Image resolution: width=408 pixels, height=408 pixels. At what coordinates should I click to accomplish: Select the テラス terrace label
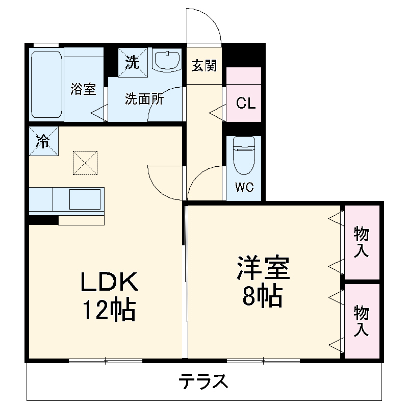click(x=203, y=381)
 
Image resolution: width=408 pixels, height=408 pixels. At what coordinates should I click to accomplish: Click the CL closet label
click(x=246, y=103)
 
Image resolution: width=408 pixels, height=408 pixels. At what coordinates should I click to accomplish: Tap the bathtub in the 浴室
click(x=47, y=84)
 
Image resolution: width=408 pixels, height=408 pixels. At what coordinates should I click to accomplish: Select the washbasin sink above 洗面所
click(x=167, y=61)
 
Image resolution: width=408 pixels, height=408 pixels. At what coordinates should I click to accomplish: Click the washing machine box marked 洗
click(x=133, y=62)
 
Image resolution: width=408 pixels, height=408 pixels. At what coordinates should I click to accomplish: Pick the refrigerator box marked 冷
click(x=43, y=140)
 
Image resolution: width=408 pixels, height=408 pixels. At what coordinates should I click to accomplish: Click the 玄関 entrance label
click(x=205, y=65)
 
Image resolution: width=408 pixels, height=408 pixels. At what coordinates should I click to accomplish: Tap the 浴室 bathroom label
click(x=83, y=89)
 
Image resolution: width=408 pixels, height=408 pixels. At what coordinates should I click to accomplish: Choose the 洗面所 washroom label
click(x=144, y=99)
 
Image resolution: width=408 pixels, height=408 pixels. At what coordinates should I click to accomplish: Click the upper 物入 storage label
click(x=362, y=242)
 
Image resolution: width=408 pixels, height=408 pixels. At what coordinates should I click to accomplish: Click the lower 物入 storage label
click(x=362, y=320)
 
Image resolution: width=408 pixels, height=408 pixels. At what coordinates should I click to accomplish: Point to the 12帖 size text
click(x=109, y=309)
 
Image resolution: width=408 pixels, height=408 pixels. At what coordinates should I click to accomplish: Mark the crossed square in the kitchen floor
click(x=85, y=163)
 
